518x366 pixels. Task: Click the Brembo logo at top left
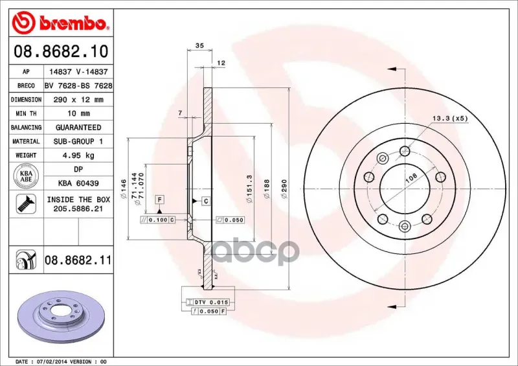60,23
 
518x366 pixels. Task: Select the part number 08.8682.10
61,51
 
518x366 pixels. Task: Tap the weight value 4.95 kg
78,155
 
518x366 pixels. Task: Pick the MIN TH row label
26,114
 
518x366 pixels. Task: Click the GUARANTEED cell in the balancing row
78,127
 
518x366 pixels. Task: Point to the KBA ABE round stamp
26,176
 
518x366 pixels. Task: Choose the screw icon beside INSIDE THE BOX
26,203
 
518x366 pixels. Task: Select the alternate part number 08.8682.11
78,260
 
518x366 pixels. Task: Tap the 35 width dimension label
199,45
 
